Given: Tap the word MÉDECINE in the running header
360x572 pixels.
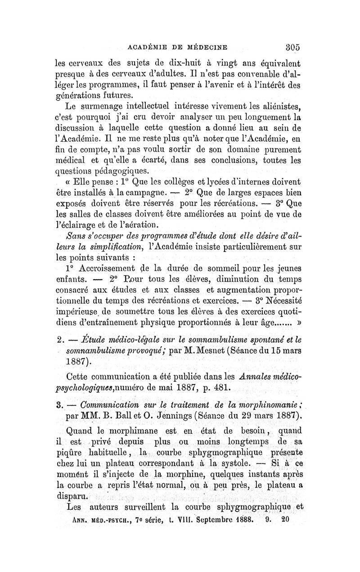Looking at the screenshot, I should [x=205, y=46].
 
